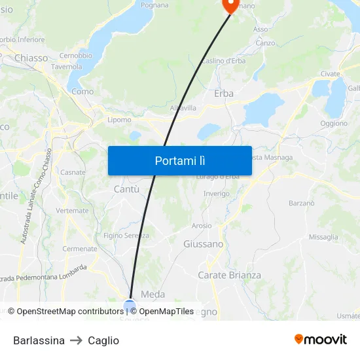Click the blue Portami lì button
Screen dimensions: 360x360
coord(179,160)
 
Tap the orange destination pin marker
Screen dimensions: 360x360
coord(230,5)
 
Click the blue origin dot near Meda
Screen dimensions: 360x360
coord(130,305)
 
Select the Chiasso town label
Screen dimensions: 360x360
coord(31,58)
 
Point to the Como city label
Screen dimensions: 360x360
coord(82,92)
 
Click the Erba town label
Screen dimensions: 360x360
coord(224,94)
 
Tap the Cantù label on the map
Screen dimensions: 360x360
coord(126,189)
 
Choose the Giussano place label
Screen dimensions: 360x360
coord(203,244)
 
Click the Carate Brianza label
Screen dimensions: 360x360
coord(229,276)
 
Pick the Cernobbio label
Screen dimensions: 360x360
coord(75,56)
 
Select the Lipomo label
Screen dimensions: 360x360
coord(119,120)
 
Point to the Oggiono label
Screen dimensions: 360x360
coord(334,123)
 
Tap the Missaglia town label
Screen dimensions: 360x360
coord(323,237)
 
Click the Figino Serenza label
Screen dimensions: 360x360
coord(126,236)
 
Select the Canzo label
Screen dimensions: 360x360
coord(265,43)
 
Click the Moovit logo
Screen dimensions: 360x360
coord(321,340)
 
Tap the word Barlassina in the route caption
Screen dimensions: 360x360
coord(39,340)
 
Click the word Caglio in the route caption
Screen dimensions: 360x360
coord(103,340)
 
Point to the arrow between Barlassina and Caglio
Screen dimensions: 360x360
coord(76,340)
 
